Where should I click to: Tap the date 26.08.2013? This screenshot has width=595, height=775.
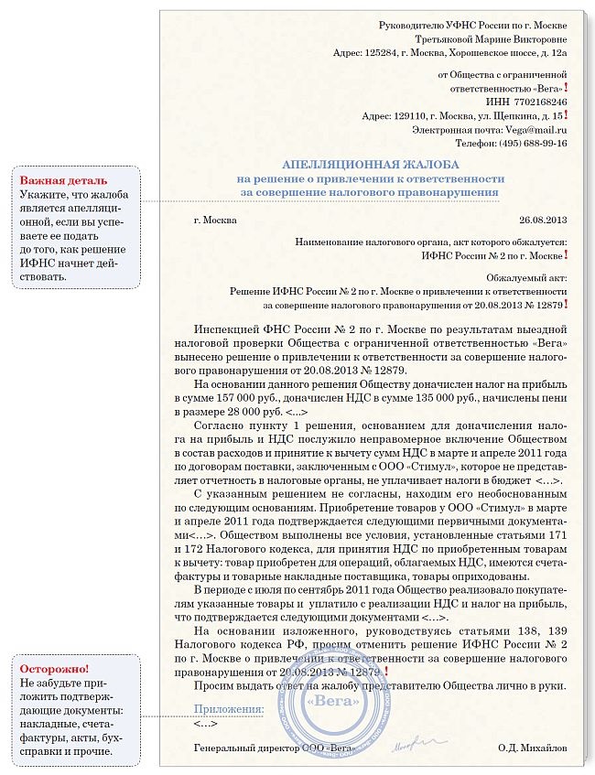pos(543,220)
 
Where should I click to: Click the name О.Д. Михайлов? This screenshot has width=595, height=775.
pos(533,748)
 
